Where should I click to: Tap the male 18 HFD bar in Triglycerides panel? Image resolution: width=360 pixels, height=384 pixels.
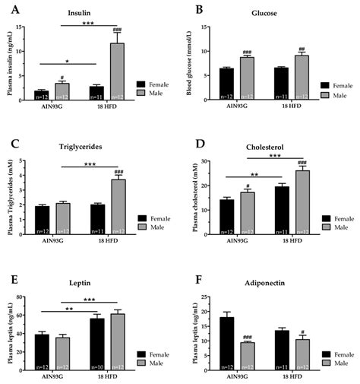tap(118, 207)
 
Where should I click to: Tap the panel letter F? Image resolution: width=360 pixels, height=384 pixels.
tap(199, 268)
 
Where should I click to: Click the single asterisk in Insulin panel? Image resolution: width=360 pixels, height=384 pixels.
tap(66, 59)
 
